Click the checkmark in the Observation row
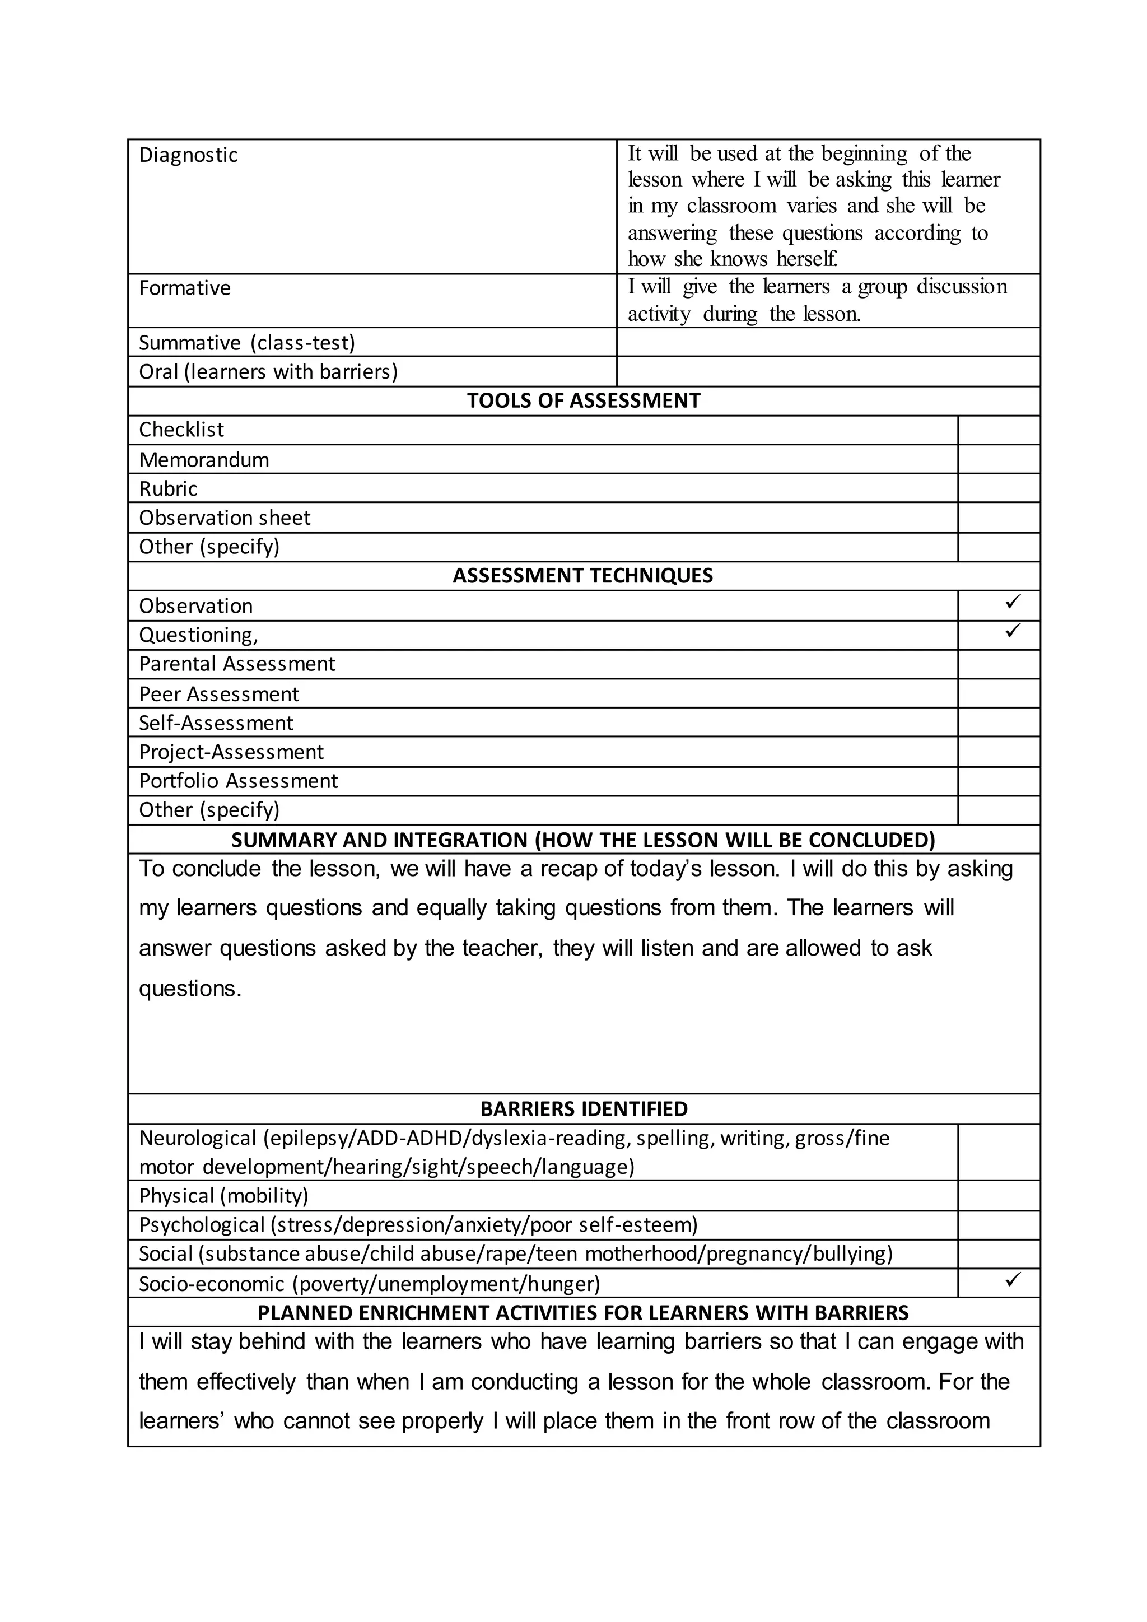[1012, 602]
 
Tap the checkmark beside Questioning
[1012, 630]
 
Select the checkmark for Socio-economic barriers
[1012, 1279]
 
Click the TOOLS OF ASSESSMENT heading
[584, 400]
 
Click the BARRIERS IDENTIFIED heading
[584, 1108]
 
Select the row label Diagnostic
[189, 155]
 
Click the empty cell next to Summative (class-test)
[828, 342]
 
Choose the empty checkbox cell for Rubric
[999, 488]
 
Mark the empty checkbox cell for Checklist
[999, 430]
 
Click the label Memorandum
[204, 460]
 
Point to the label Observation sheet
[225, 518]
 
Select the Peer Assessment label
[219, 695]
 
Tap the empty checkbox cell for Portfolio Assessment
[999, 781]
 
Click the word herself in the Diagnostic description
[806, 259]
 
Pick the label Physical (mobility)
[224, 1195]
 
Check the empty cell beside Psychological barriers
[999, 1224]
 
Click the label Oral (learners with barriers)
[268, 371]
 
